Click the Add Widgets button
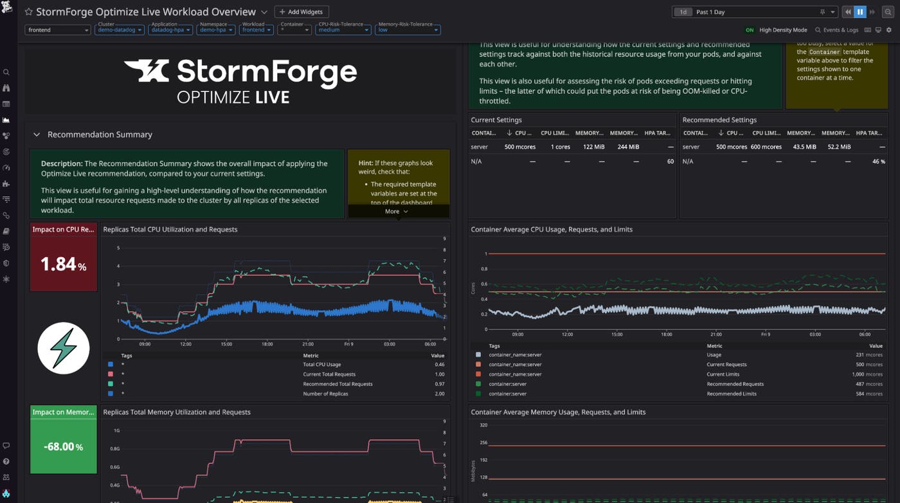(301, 12)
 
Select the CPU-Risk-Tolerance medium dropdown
(343, 30)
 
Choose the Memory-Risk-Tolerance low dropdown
(408, 30)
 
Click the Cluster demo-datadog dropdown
(119, 30)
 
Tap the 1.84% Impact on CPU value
(63, 264)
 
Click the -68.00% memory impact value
(63, 446)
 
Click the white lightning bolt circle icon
(63, 348)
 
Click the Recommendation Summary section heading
(100, 134)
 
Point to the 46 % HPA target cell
(878, 161)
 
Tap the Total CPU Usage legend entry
(322, 365)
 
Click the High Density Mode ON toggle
(750, 30)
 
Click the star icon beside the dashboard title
(28, 12)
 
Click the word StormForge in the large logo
(266, 72)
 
